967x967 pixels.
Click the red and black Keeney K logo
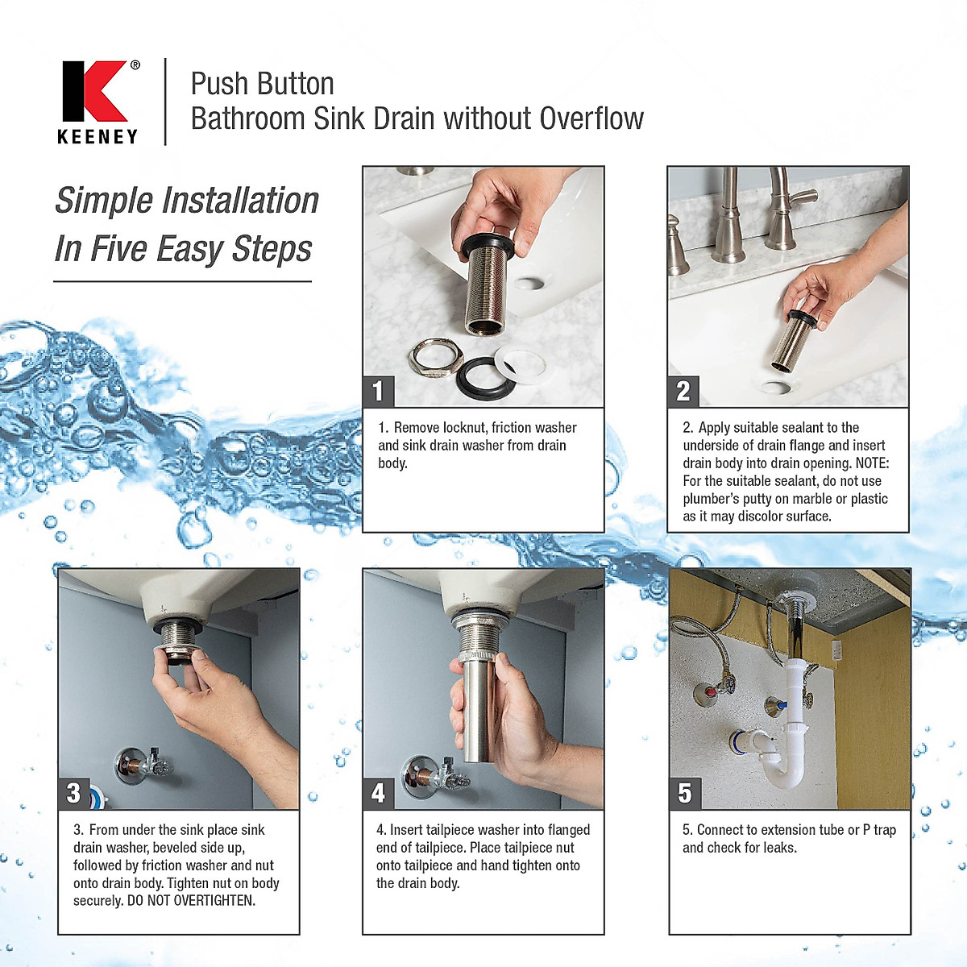94,90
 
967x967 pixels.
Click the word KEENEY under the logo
98,137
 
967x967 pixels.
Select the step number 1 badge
378,391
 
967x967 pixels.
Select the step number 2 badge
683,391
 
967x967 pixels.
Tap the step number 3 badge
73,793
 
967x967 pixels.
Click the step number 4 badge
378,793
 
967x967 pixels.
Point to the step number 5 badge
684,793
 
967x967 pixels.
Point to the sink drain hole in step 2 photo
777,388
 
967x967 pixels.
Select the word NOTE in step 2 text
870,463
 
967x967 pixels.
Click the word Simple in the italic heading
104,201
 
